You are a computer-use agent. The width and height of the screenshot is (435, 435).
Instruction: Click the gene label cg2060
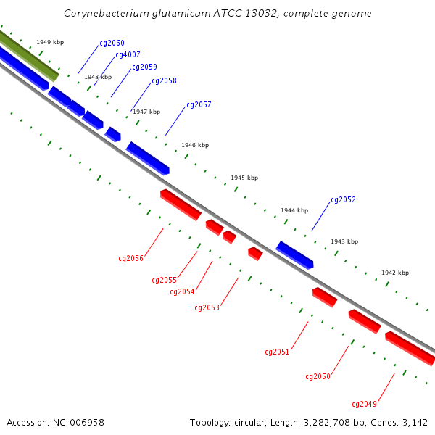pos(112,43)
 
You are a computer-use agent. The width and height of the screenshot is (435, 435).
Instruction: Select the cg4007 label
pos(128,54)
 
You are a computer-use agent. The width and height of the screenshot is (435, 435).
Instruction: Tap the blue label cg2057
pos(199,104)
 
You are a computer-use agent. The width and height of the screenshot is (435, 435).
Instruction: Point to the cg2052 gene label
pos(343,199)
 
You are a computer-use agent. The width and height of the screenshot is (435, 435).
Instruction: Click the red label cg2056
pos(130,258)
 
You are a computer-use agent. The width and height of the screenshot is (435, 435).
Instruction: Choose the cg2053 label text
pos(207,307)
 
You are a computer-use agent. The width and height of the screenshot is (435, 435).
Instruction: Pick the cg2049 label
pos(364,404)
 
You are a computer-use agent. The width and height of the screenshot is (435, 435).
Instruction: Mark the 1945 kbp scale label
pos(244,178)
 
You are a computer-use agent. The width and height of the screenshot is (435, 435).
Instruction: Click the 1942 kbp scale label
pos(395,273)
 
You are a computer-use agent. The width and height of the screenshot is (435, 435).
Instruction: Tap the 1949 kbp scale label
pos(50,42)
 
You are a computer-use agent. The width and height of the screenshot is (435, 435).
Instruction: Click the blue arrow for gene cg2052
pos(294,255)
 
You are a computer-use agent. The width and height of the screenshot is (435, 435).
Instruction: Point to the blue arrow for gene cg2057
pos(148,158)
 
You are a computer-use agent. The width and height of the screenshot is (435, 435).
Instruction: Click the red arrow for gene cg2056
pos(181,204)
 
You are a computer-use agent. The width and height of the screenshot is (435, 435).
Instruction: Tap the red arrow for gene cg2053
pos(255,254)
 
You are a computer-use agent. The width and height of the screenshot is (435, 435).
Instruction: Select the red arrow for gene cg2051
pos(325,297)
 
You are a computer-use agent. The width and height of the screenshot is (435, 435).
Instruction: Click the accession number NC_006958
pos(78,423)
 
